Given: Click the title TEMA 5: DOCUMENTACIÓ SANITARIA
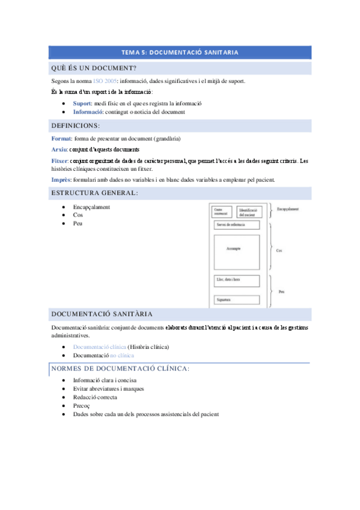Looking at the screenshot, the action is pos(180,52).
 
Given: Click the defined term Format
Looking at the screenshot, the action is pos(62,139).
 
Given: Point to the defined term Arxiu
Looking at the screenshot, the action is pos(59,150).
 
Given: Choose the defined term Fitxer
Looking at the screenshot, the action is pos(61,161).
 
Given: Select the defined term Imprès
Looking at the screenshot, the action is pos(61,179).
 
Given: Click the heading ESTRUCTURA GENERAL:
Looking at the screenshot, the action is pos(95,193).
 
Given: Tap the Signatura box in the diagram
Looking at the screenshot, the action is pos(237,300).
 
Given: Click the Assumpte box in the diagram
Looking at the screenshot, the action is pos(237,249).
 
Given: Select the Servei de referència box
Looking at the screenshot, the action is pos(237,225).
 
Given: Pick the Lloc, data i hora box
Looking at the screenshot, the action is pos(237,280).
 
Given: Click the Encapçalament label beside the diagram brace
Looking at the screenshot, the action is pos(288,209).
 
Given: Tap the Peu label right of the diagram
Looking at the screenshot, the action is pos(281,290).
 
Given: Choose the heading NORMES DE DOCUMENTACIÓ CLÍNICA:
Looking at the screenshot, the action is pos(120,368).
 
